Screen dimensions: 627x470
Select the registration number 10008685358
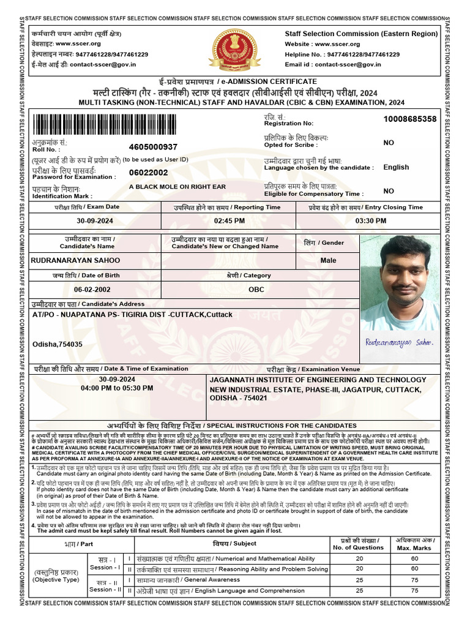click(410, 119)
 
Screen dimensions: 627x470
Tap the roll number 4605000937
click(154, 147)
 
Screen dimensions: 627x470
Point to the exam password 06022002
click(149, 173)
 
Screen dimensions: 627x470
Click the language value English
click(396, 167)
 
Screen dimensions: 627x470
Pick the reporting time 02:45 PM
click(229, 220)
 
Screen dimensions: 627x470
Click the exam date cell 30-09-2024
click(95, 220)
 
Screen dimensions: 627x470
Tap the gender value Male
click(329, 260)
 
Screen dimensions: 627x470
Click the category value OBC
click(257, 289)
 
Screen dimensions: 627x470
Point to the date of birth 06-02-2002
click(92, 289)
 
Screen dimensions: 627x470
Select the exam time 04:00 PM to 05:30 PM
click(117, 388)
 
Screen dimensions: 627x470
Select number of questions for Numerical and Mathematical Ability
click(359, 558)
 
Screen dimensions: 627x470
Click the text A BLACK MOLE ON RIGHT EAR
click(177, 186)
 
